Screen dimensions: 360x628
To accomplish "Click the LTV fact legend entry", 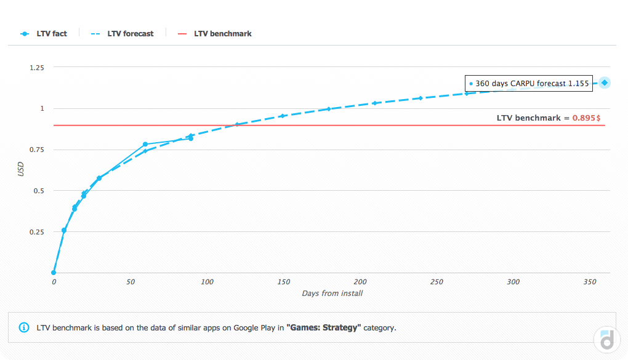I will [x=44, y=33].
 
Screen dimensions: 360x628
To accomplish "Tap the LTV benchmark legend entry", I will [x=215, y=33].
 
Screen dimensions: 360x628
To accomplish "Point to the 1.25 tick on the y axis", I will [x=37, y=67].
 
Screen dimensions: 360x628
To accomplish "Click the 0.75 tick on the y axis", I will [x=37, y=150].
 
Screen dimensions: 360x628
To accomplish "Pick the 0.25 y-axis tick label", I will [x=37, y=232].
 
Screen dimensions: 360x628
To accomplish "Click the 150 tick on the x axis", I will [x=283, y=282].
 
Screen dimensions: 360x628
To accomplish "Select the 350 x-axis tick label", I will [x=590, y=282].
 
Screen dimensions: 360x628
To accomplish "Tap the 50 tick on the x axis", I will [x=130, y=282].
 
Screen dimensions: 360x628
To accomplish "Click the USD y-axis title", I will [x=21, y=169].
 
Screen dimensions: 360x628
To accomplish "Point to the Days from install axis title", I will [x=332, y=294].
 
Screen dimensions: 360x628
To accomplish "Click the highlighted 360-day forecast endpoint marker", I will [x=605, y=82].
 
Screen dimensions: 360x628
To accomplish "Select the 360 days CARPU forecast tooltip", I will [x=528, y=83].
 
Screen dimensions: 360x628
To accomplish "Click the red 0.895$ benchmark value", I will [x=586, y=118].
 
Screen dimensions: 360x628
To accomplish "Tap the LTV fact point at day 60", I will [x=145, y=145].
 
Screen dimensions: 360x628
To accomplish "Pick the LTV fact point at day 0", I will [x=54, y=273].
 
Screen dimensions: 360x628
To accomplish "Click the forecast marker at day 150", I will [x=283, y=116].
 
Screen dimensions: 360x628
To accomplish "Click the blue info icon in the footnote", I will [x=24, y=327].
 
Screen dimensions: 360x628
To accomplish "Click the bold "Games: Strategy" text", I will [x=323, y=327].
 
